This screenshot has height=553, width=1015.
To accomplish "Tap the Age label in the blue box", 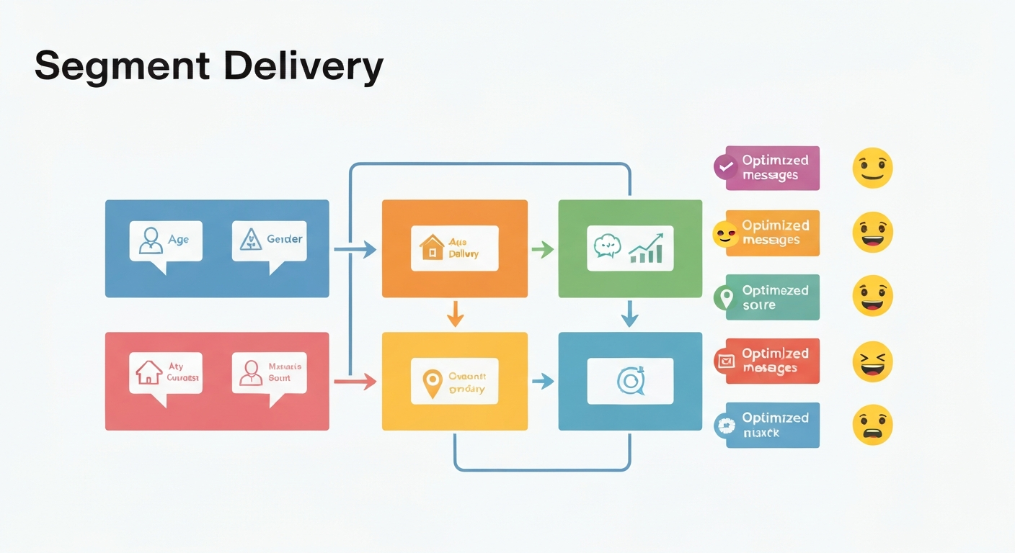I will [178, 240].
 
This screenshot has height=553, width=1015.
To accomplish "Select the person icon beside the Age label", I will [151, 240].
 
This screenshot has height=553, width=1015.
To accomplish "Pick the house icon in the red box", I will [149, 372].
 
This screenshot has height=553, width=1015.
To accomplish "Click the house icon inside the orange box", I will [431, 247].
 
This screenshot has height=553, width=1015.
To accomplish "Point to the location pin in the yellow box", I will [431, 383].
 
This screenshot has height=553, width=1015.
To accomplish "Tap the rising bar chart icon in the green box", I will [646, 248].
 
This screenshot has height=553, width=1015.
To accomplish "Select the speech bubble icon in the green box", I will [607, 246].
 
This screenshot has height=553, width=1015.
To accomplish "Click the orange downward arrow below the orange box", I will [454, 314].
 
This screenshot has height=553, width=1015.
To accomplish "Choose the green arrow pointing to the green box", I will [542, 250].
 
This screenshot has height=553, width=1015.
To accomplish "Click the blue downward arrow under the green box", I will [630, 314].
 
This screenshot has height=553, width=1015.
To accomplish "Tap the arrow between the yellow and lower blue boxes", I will [542, 382].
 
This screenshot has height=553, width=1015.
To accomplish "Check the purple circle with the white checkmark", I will [725, 167].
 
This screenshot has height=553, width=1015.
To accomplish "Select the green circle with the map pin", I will [724, 297].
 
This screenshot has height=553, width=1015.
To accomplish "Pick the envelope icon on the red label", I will [725, 361].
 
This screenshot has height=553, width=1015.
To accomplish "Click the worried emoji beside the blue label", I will [872, 426].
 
